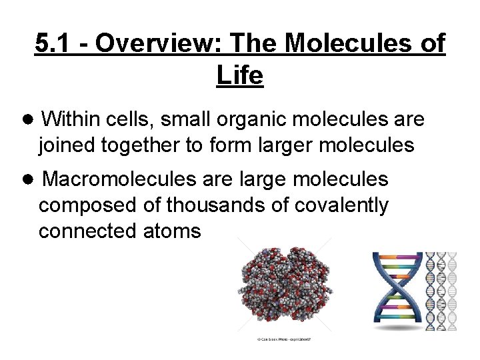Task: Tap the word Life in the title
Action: click(x=240, y=76)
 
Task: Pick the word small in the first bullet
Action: click(x=184, y=119)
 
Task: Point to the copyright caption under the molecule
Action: click(x=285, y=339)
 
